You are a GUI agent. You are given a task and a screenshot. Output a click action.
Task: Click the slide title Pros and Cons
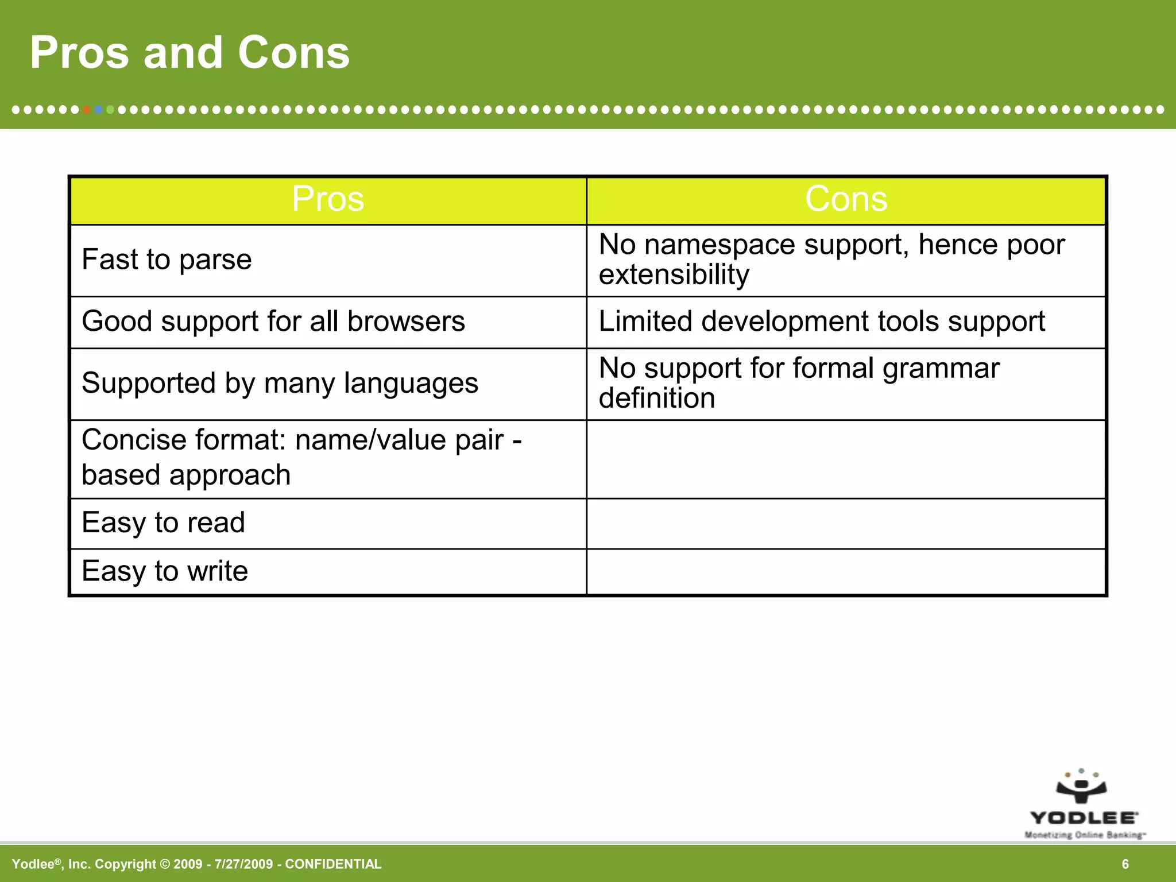[189, 53]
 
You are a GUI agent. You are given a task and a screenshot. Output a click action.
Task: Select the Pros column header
[328, 199]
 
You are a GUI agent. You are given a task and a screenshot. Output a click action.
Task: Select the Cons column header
[846, 199]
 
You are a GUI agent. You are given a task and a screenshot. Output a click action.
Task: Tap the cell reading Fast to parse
[167, 260]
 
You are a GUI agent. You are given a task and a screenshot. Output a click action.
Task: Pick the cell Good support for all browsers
[273, 321]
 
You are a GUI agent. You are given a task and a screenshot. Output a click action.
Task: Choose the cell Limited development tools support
[822, 321]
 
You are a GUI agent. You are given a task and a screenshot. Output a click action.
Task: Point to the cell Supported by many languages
[280, 383]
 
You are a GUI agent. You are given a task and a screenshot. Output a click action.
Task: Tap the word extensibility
[674, 275]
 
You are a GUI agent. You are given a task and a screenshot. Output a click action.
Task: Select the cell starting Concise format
[301, 458]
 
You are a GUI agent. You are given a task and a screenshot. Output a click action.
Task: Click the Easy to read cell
[164, 523]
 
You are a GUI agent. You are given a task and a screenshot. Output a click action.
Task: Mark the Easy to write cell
[165, 571]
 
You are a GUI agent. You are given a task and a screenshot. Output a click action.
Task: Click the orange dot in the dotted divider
[87, 110]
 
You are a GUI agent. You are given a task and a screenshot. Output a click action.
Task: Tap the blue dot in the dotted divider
[99, 110]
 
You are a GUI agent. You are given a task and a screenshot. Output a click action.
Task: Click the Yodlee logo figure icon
[1081, 787]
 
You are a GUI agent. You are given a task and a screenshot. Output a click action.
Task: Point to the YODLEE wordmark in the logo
[1083, 818]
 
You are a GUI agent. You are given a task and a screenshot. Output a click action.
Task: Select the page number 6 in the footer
[1125, 864]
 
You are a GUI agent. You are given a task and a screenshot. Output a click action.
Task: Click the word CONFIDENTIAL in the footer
[333, 864]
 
